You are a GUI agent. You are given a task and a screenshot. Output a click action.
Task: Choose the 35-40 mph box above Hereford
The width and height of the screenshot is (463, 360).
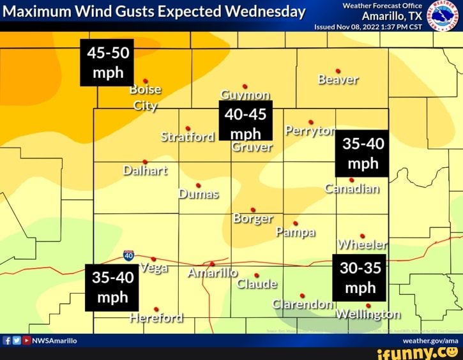[x=112, y=288]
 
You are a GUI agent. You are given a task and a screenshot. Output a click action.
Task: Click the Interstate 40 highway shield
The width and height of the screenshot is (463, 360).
[x=128, y=256]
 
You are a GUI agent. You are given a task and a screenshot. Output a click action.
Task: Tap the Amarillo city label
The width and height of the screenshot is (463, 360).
[x=213, y=273]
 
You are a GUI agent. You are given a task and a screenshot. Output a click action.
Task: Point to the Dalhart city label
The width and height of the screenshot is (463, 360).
[x=145, y=170]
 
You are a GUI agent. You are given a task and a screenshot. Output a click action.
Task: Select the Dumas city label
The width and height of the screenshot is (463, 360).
[x=199, y=193]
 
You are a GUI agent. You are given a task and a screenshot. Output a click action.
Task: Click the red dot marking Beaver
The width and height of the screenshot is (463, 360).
[x=338, y=70]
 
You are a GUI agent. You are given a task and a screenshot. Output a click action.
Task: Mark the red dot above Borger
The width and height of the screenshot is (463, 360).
[x=253, y=209]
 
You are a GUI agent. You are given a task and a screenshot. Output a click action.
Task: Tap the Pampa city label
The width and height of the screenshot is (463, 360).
[x=296, y=232]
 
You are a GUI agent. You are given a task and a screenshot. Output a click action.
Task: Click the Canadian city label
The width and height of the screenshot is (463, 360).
[x=352, y=188]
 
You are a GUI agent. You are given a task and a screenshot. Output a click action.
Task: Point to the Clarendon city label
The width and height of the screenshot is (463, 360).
[x=302, y=304]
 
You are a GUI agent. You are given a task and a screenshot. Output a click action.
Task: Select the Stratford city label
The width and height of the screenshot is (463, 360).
[x=188, y=137]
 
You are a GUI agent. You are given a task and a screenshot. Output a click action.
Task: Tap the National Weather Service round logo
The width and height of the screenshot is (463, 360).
[x=443, y=15]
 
